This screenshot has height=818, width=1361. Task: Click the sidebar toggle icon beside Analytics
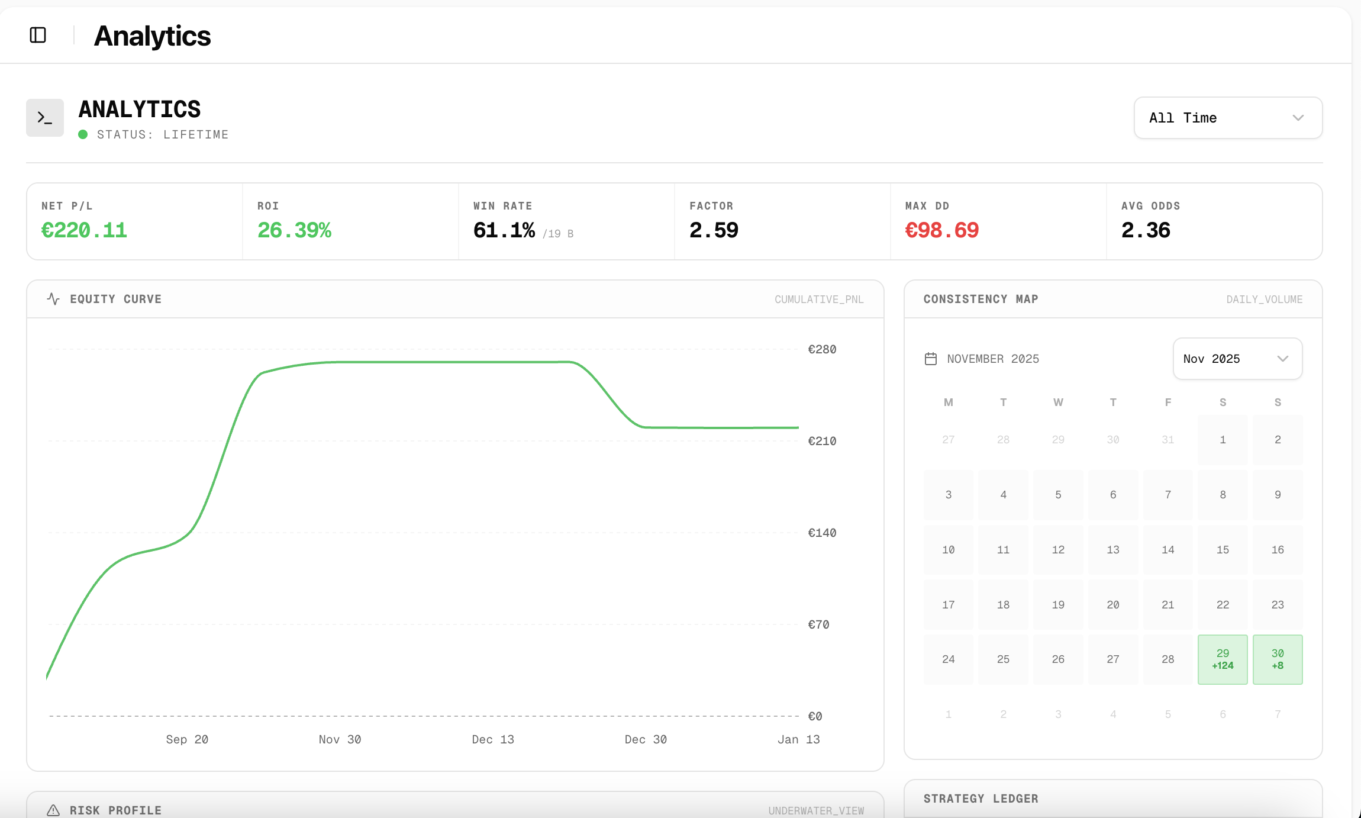click(38, 35)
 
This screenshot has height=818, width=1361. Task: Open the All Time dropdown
click(1228, 118)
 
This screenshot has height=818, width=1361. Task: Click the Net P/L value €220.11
click(84, 230)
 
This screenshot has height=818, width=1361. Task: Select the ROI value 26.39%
click(294, 230)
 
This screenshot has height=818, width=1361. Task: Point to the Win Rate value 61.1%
click(504, 230)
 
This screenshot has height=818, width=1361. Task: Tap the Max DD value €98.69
click(941, 230)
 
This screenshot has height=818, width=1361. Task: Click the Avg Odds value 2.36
click(1146, 230)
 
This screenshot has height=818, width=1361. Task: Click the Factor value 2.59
click(714, 230)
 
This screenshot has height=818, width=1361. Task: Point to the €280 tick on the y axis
click(822, 349)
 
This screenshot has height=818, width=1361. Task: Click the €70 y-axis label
click(818, 624)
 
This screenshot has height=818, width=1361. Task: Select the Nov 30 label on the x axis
click(340, 739)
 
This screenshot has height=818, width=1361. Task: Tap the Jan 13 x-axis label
click(798, 739)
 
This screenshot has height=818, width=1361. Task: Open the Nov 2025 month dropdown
click(1237, 359)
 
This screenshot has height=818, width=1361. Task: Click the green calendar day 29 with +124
click(1223, 659)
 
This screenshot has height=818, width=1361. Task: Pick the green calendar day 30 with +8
click(1278, 659)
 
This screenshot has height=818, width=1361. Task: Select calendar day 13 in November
click(1113, 550)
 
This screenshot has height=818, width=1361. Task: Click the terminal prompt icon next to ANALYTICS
click(45, 118)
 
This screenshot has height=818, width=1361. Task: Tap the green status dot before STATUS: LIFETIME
click(83, 134)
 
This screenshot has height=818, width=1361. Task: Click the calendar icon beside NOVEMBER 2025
click(931, 359)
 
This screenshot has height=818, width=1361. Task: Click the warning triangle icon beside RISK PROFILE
click(53, 810)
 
